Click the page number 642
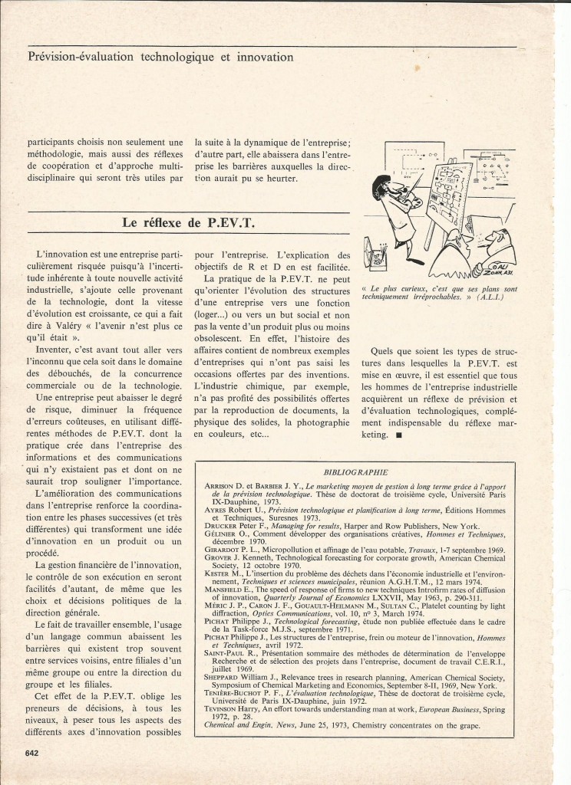[x=31, y=752]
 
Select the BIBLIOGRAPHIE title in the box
[x=377, y=473]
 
